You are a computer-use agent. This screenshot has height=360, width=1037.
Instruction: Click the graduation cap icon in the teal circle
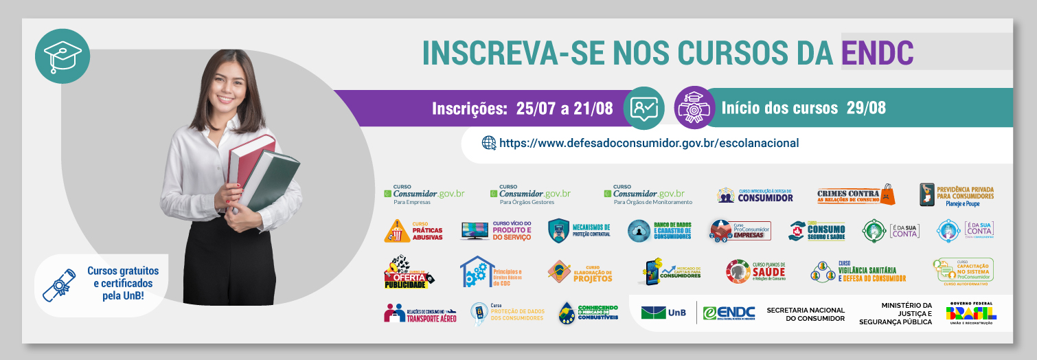point(62,56)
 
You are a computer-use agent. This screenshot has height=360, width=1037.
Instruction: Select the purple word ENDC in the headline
point(877,53)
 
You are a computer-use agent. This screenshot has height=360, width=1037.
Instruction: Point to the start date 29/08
point(867,108)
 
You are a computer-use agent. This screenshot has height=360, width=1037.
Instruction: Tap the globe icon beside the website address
point(488,143)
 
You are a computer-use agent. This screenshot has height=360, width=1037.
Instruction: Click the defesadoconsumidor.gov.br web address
point(649,143)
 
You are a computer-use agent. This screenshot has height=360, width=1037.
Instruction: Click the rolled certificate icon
point(60,285)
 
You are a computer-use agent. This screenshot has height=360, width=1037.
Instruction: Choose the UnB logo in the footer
point(662,313)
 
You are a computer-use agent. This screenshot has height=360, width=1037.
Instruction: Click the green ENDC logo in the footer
point(729,313)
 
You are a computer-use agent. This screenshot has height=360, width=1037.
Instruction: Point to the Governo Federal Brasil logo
point(971,313)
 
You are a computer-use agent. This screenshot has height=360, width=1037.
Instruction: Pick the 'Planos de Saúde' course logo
point(755,272)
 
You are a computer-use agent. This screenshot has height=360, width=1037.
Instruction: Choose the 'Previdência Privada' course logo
point(956,195)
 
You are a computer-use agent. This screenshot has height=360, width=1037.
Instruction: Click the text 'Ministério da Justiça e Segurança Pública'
point(897,314)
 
